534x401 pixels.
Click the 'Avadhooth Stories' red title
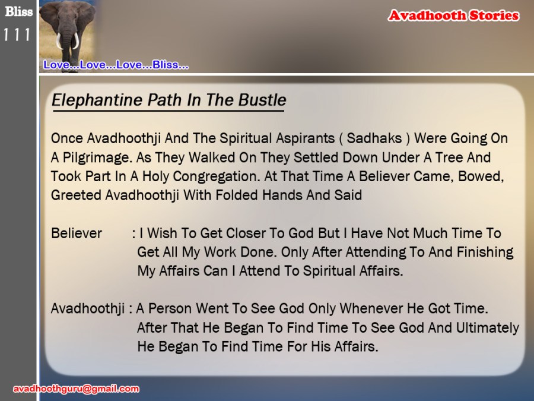[x=454, y=15]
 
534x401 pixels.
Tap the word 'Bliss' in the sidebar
[x=19, y=12]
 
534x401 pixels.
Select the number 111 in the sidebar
[x=17, y=35]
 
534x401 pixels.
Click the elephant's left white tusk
[x=59, y=41]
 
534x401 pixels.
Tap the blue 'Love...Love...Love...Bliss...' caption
[x=116, y=65]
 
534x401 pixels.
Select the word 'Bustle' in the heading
[x=262, y=100]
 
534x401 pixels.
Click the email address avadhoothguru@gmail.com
[x=77, y=389]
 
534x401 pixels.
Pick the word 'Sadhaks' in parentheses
[x=374, y=138]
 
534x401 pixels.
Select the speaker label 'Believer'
[x=77, y=233]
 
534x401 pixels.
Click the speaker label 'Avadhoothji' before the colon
[x=88, y=309]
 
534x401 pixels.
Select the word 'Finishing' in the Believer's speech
[x=485, y=252]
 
